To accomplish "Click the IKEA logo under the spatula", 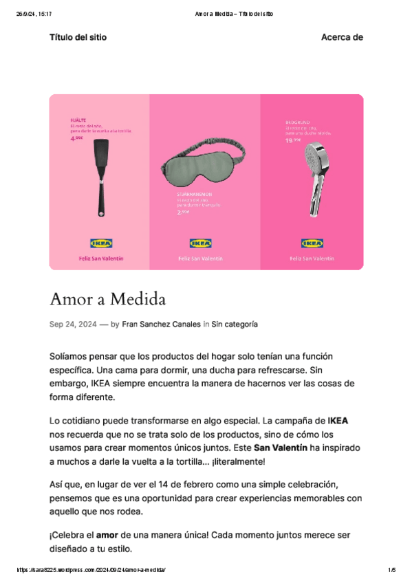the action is click(101, 243).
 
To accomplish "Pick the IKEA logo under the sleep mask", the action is click(201, 243).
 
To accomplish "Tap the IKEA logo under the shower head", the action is click(312, 243).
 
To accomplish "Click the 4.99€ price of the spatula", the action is click(76, 138).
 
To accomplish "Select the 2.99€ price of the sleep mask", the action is click(184, 212).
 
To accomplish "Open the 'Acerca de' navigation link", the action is click(342, 37).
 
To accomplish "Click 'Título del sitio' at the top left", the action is click(78, 37).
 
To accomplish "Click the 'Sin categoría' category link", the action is click(235, 323).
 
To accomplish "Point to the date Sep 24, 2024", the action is click(72, 323).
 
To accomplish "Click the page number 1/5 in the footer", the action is click(391, 570).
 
